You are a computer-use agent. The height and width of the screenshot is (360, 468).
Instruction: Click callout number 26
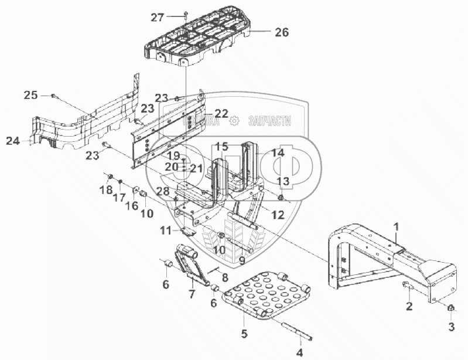282,33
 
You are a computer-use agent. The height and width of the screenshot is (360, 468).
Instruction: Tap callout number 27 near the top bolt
158,18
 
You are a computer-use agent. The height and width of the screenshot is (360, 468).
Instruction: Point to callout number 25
31,94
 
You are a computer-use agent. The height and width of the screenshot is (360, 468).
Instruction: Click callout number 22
221,113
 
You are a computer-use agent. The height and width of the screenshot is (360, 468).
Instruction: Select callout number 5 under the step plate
245,335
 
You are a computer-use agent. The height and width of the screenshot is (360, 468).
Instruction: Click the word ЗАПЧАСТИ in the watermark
270,121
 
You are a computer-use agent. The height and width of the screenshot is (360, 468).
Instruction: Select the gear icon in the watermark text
235,121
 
